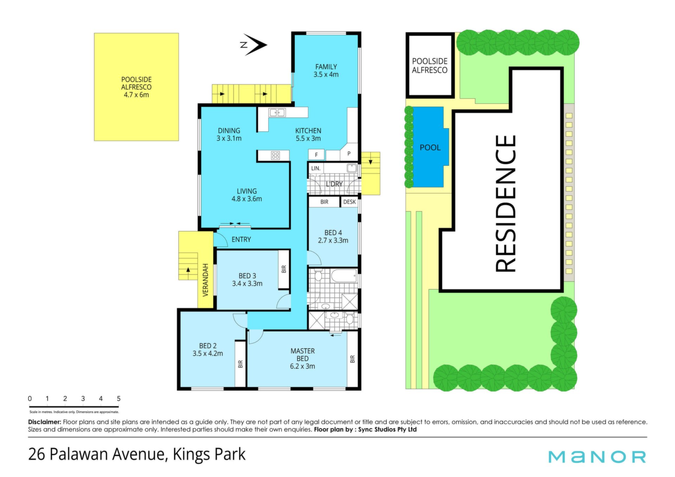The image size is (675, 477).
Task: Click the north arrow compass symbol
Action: coord(254,45)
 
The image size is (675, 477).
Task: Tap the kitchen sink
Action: coord(277,112)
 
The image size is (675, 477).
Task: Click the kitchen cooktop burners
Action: coord(276,155)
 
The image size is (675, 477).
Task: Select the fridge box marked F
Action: coord(316,155)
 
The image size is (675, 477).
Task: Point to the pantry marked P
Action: coord(349,153)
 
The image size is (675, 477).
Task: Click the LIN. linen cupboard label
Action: coord(316,168)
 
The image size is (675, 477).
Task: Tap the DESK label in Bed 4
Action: coord(349,202)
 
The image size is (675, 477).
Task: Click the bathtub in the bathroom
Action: coord(344,276)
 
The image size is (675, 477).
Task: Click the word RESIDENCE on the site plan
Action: coord(506,204)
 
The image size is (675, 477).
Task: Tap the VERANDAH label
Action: coord(206,280)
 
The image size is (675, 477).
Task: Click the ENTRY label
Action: coord(241,239)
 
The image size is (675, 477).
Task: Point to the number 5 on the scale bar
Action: coord(119,399)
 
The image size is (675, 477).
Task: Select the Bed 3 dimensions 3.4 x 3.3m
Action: coord(247,284)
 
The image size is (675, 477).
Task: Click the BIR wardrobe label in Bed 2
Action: coord(240,364)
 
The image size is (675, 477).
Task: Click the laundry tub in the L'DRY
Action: coord(352,168)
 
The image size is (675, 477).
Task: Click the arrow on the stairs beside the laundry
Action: coord(371,161)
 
